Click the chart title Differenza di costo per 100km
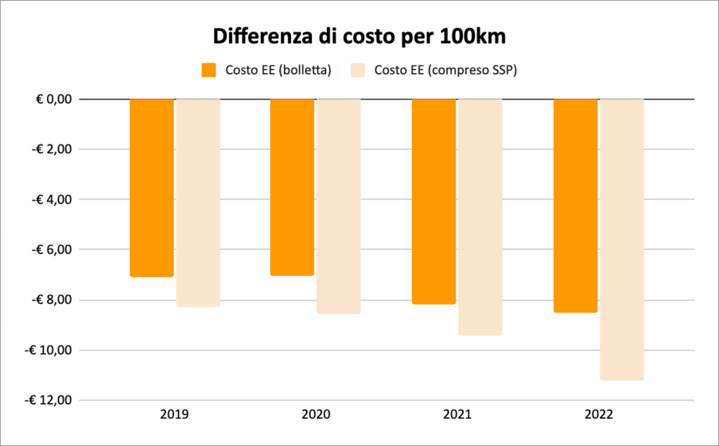point(359,36)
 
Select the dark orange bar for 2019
point(152,188)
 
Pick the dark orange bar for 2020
point(292,187)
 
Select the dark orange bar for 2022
point(576,205)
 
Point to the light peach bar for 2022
point(622,239)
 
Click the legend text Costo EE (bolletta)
point(278,70)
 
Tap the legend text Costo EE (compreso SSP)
point(446,70)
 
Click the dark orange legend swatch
point(209,70)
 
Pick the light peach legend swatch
point(358,70)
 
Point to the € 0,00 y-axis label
point(54,99)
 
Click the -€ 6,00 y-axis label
point(51,249)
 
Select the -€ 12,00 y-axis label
point(49,400)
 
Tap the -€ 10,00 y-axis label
point(49,350)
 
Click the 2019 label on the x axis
point(174,415)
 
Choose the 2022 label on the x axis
point(599,415)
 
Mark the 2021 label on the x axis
point(457,415)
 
